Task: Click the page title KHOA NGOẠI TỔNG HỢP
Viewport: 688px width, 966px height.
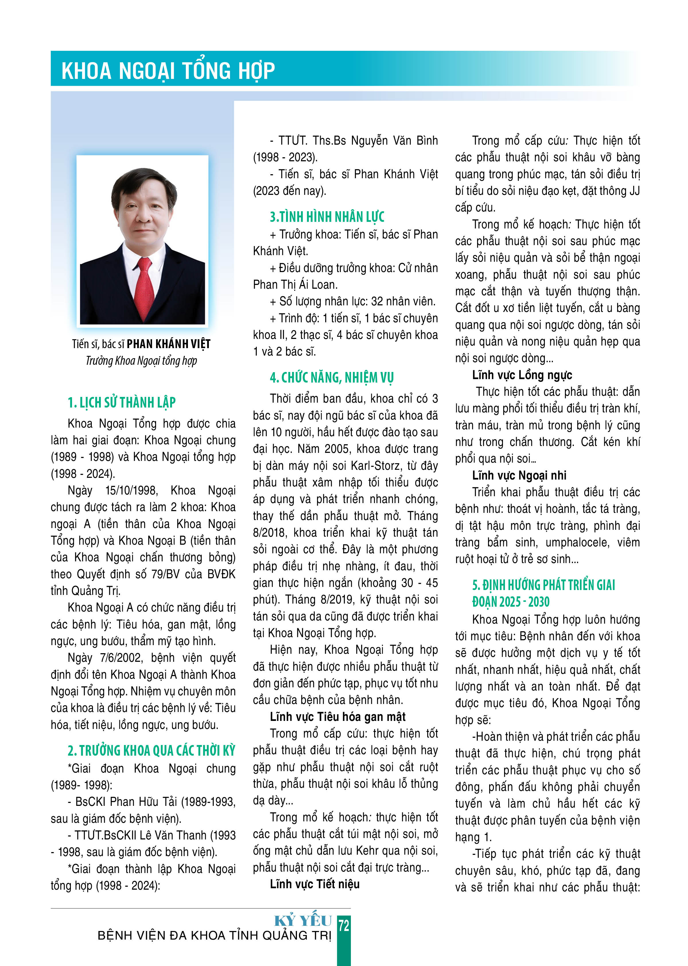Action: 168,70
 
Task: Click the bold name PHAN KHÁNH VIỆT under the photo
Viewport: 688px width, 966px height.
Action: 169,344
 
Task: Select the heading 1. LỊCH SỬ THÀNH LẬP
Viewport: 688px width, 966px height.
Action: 122,402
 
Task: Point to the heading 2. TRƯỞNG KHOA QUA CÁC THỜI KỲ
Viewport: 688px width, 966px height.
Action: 151,750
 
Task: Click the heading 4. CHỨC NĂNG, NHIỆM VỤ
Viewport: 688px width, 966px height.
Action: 332,377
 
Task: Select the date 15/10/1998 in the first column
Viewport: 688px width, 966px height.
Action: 131,491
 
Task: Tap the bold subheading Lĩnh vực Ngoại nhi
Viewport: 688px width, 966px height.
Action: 519,475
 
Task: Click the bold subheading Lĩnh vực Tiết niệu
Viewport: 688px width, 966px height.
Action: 314,884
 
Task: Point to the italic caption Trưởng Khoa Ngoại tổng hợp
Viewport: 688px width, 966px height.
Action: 141,361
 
